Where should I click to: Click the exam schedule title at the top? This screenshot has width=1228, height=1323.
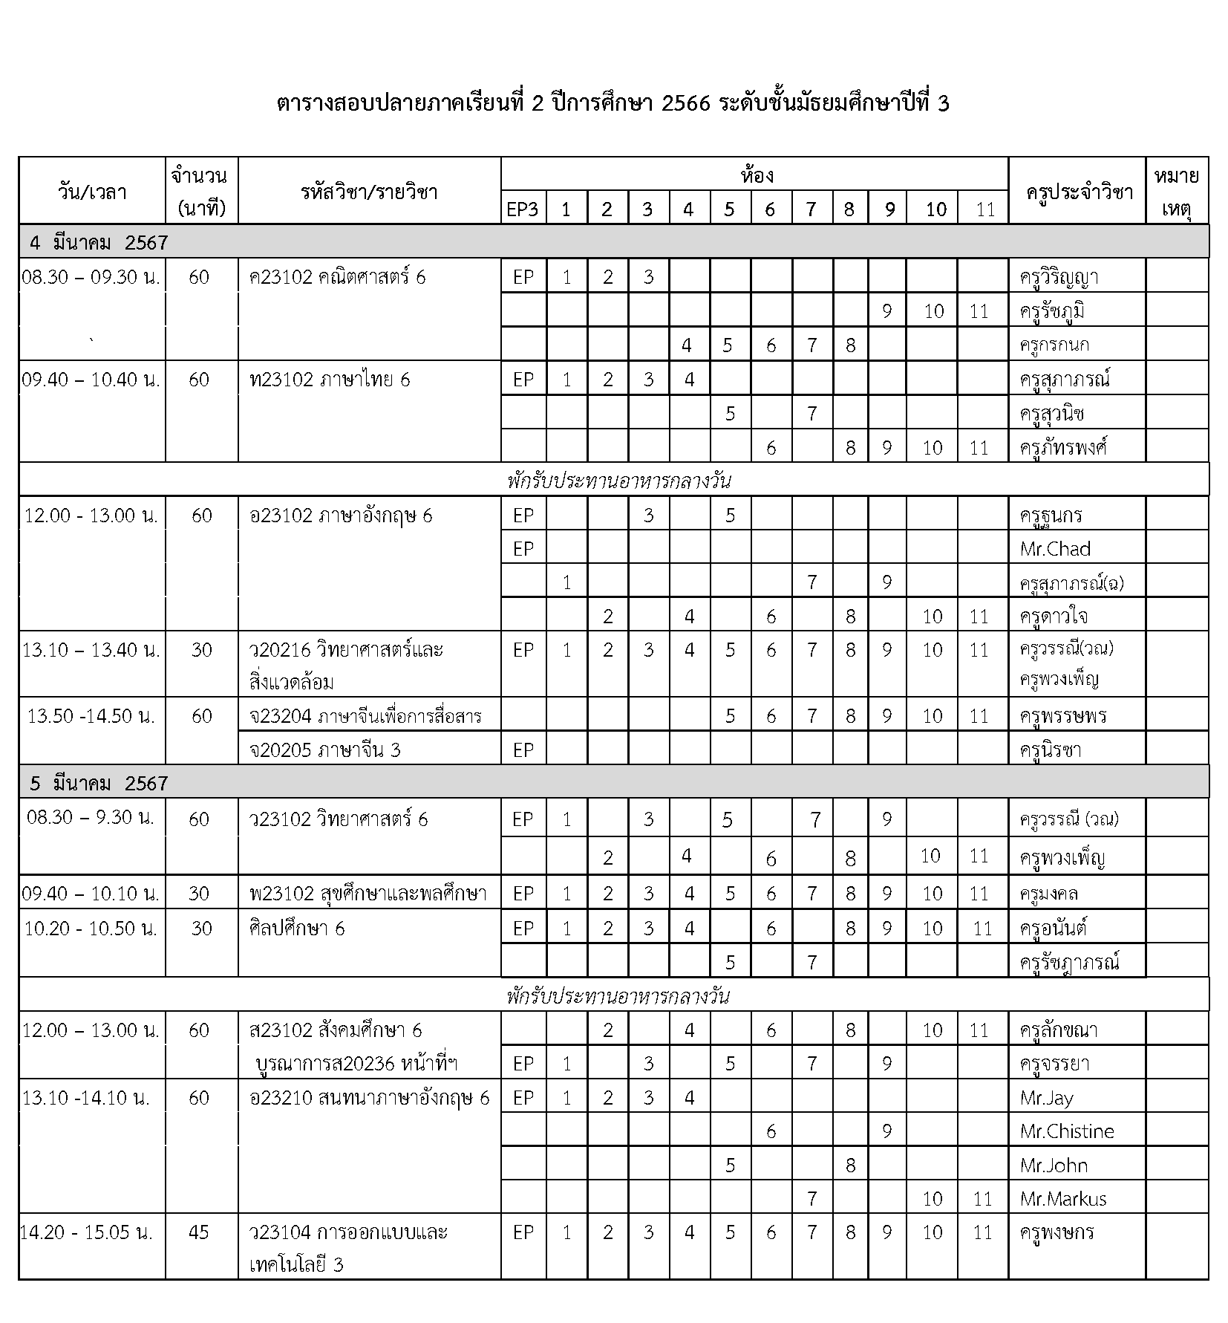point(613,104)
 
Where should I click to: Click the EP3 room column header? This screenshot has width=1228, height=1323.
point(523,209)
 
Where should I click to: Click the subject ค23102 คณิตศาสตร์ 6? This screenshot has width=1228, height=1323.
point(338,277)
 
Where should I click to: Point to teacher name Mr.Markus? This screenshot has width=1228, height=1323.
point(1063,1198)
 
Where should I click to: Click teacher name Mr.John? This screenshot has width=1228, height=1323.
point(1054,1165)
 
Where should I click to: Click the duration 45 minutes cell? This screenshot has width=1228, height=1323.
point(199,1232)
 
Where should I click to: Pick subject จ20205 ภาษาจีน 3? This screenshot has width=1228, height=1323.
point(325,750)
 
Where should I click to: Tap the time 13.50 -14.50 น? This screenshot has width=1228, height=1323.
point(91,716)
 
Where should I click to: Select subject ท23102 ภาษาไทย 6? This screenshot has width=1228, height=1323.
point(330,380)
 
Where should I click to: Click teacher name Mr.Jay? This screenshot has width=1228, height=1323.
point(1046,1098)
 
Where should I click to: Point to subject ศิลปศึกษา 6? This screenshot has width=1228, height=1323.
point(297,928)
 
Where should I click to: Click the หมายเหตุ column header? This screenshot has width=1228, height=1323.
point(1177,192)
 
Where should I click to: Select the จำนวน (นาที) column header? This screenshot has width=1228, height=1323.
point(199,192)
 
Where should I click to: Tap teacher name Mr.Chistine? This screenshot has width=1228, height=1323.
point(1067,1131)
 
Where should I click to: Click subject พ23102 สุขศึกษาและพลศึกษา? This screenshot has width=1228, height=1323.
point(368,893)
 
